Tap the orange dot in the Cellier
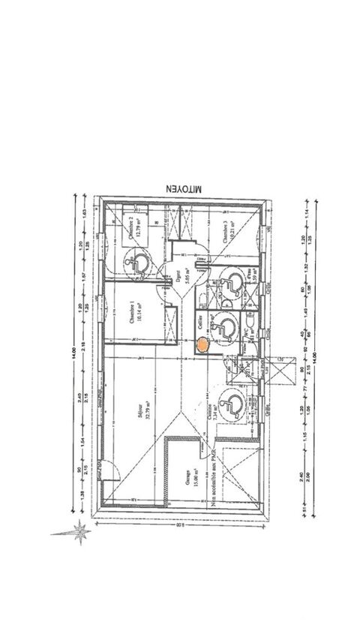(x=202, y=346)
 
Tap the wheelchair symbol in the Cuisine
(x=232, y=405)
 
